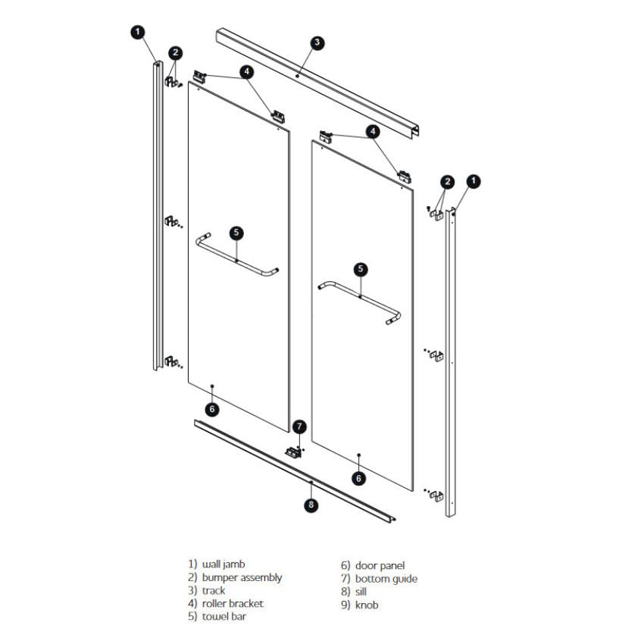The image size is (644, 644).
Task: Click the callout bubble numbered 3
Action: click(317, 42)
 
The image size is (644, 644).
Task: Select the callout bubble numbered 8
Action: click(311, 505)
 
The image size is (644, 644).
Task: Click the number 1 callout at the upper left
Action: click(137, 31)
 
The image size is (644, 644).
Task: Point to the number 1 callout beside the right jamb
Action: click(474, 181)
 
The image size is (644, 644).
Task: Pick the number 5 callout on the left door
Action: click(236, 233)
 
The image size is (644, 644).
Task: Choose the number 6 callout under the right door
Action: click(359, 478)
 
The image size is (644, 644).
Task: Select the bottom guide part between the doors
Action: click(293, 452)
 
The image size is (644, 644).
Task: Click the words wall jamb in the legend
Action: click(224, 564)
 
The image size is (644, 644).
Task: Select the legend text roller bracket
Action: click(233, 603)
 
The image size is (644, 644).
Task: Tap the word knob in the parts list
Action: click(367, 605)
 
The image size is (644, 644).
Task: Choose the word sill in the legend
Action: click(362, 592)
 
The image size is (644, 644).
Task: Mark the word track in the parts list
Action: click(214, 590)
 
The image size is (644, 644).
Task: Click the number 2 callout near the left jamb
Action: click(176, 52)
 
